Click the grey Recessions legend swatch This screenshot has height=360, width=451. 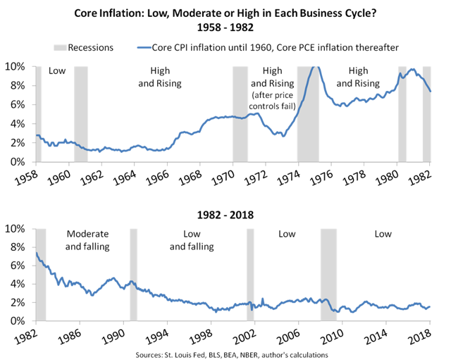point(61,47)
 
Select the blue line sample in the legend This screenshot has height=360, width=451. point(144,47)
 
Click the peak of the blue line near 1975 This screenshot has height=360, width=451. point(314,68)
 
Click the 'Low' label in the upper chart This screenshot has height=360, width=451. point(56,71)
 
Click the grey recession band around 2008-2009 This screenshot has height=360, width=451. point(328,275)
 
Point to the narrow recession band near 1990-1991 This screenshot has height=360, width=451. point(133,275)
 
